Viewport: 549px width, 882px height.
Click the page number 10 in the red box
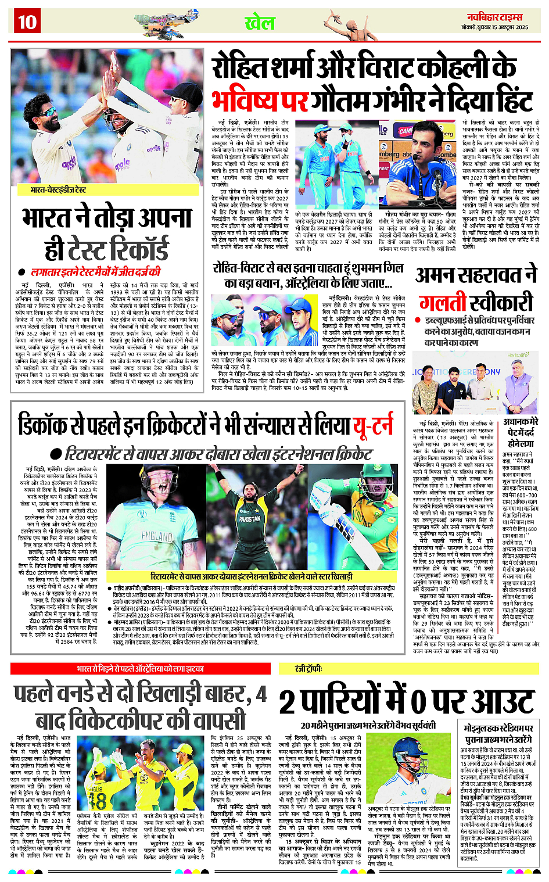[27, 22]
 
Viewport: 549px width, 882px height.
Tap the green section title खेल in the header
[260, 23]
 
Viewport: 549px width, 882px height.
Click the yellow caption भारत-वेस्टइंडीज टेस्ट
[58, 189]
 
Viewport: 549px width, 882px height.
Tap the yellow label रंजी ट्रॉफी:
[308, 669]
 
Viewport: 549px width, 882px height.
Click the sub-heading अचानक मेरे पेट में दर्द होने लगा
[521, 433]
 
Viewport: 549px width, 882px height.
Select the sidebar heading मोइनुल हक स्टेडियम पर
[498, 729]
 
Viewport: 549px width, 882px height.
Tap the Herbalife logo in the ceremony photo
[518, 355]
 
